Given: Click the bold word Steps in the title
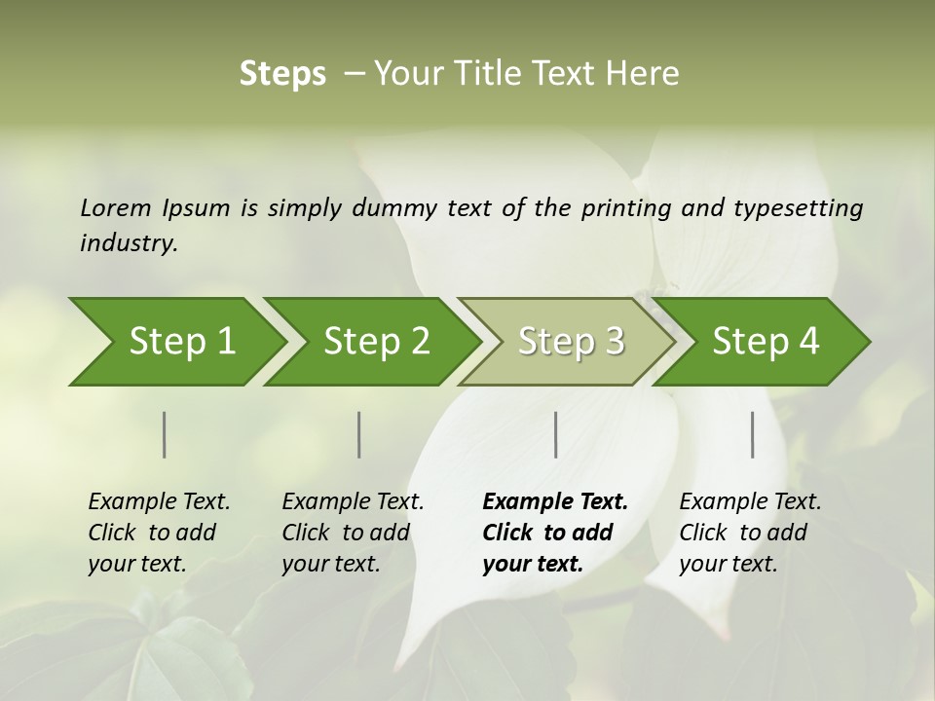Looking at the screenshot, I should coord(282,74).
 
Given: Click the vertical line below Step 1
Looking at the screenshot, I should coord(165,434).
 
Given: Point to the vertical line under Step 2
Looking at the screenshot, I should coord(359,434).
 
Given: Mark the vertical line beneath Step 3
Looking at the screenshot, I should coord(556,434).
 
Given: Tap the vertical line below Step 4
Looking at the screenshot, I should coord(753,434).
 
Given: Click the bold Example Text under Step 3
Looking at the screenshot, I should coord(555,501).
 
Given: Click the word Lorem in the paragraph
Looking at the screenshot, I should coord(115,207).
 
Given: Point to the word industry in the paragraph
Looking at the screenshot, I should coord(129,242).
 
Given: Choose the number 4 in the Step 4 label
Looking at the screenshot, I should coord(809,341).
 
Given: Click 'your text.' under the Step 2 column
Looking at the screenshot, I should coord(330,564).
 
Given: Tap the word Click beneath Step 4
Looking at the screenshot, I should coord(703,533).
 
